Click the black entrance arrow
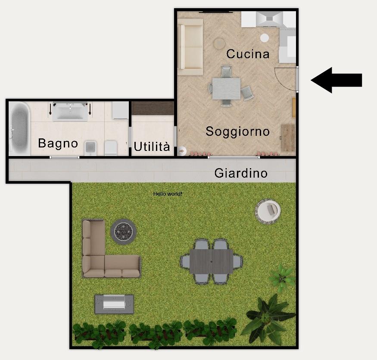(336, 80)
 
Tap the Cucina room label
(248, 53)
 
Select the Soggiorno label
(237, 132)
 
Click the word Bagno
(58, 144)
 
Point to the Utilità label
(152, 146)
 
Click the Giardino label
(241, 173)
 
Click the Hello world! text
(168, 194)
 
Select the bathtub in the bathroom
(19, 128)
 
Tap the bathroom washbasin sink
(70, 111)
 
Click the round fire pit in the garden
(124, 232)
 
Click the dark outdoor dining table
(211, 261)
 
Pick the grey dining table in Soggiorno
(226, 88)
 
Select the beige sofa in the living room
(190, 47)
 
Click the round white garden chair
(268, 211)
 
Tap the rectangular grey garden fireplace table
(114, 304)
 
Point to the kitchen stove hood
(269, 19)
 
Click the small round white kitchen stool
(265, 38)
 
